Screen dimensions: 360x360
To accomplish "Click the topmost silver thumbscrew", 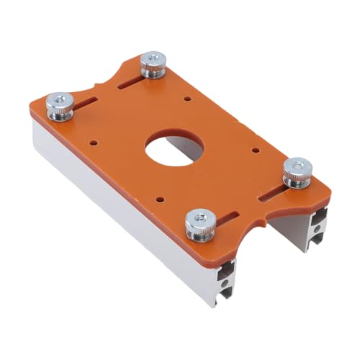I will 152,64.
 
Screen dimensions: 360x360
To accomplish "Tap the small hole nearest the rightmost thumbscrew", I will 256,150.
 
